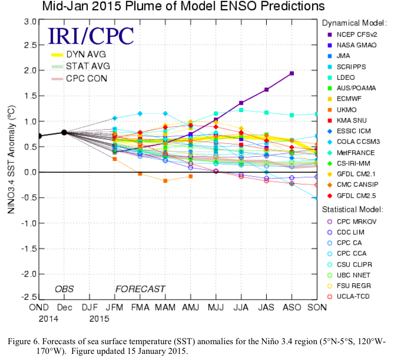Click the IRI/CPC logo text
coord(91,36)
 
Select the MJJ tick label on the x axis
coord(216,306)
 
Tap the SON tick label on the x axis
coord(317,306)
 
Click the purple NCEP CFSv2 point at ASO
coord(292,73)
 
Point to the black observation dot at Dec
coord(64,132)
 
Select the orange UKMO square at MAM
coord(165,181)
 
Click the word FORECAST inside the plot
coord(140,289)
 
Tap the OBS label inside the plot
coord(65,289)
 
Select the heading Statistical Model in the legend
coord(353,209)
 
